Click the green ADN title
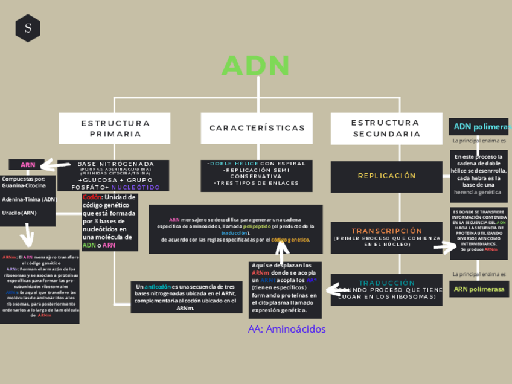coord(256,66)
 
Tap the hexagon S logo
coord(28,28)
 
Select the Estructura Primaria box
coord(115,128)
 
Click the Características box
coord(257,128)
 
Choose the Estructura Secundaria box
coord(386,128)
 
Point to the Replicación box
coord(386,176)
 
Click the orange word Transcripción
coord(387,231)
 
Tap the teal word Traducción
coord(387,283)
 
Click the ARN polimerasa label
coord(479,289)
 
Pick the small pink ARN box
coord(28,165)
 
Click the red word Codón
coord(92,197)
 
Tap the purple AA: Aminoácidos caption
coord(287,329)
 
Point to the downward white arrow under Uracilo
coord(27,234)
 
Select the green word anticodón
coord(158,286)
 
